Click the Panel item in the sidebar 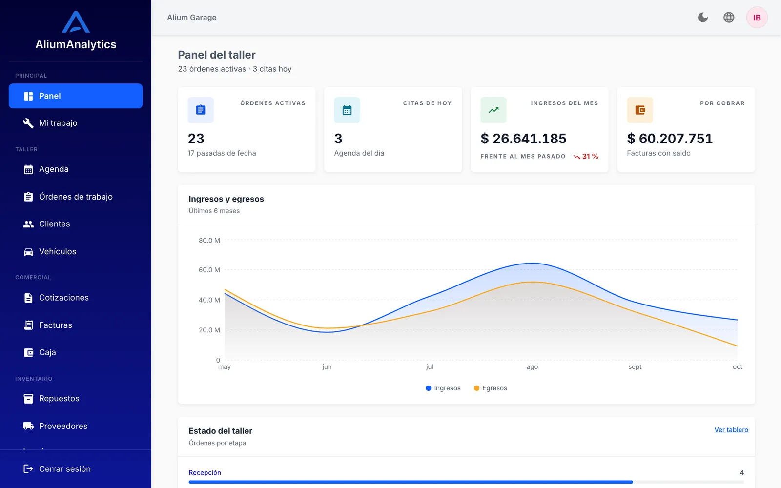(75, 96)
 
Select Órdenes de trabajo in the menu (75, 197)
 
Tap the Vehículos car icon (28, 252)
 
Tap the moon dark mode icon (702, 18)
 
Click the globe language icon (729, 18)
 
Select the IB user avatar (757, 18)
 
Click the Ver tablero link (731, 430)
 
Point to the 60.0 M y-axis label (209, 270)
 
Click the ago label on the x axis (532, 366)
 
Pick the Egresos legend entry (491, 388)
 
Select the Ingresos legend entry (443, 388)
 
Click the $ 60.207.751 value (670, 139)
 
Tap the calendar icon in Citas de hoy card (347, 110)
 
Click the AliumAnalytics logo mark (76, 21)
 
